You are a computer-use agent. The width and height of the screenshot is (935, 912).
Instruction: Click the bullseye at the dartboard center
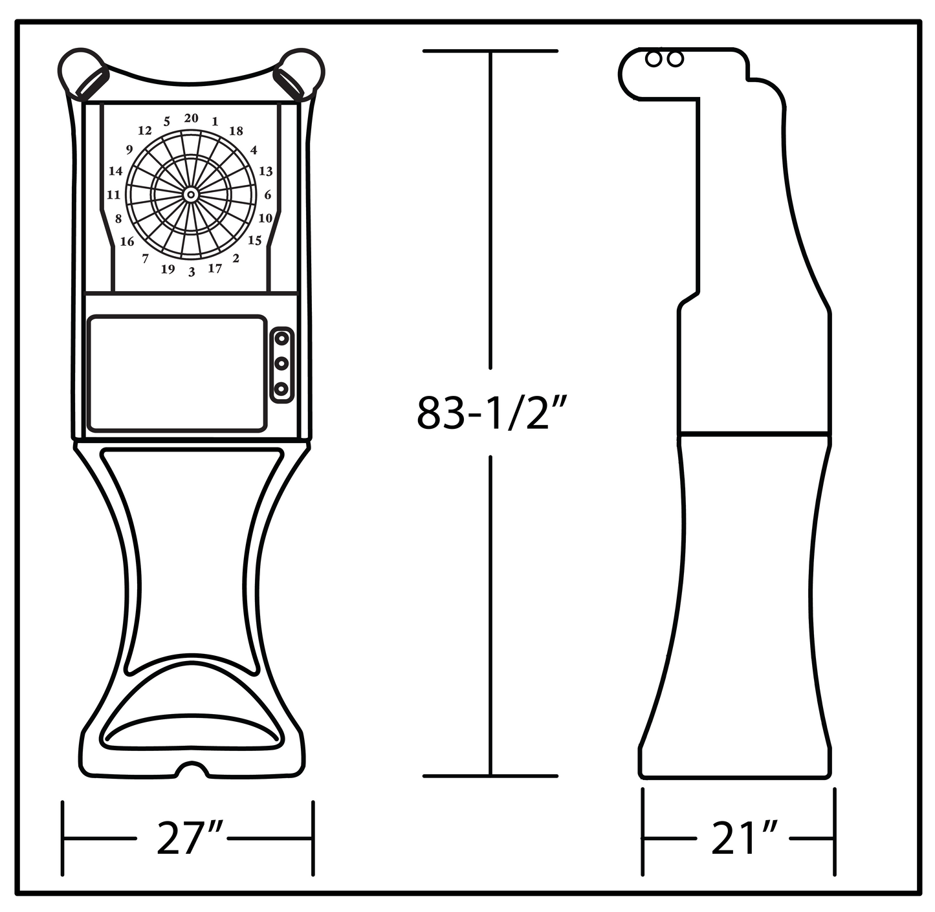click(x=191, y=195)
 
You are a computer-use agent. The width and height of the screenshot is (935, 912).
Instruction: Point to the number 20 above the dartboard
click(x=192, y=118)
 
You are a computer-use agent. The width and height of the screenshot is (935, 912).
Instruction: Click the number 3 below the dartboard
click(x=192, y=272)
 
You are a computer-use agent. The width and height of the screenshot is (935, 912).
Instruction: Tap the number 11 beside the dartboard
click(x=113, y=195)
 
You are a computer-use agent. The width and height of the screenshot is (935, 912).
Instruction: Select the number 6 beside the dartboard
click(x=268, y=195)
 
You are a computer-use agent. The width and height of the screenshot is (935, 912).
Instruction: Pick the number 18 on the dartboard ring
click(x=236, y=131)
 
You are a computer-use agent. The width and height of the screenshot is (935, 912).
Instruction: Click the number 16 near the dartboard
click(x=127, y=241)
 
